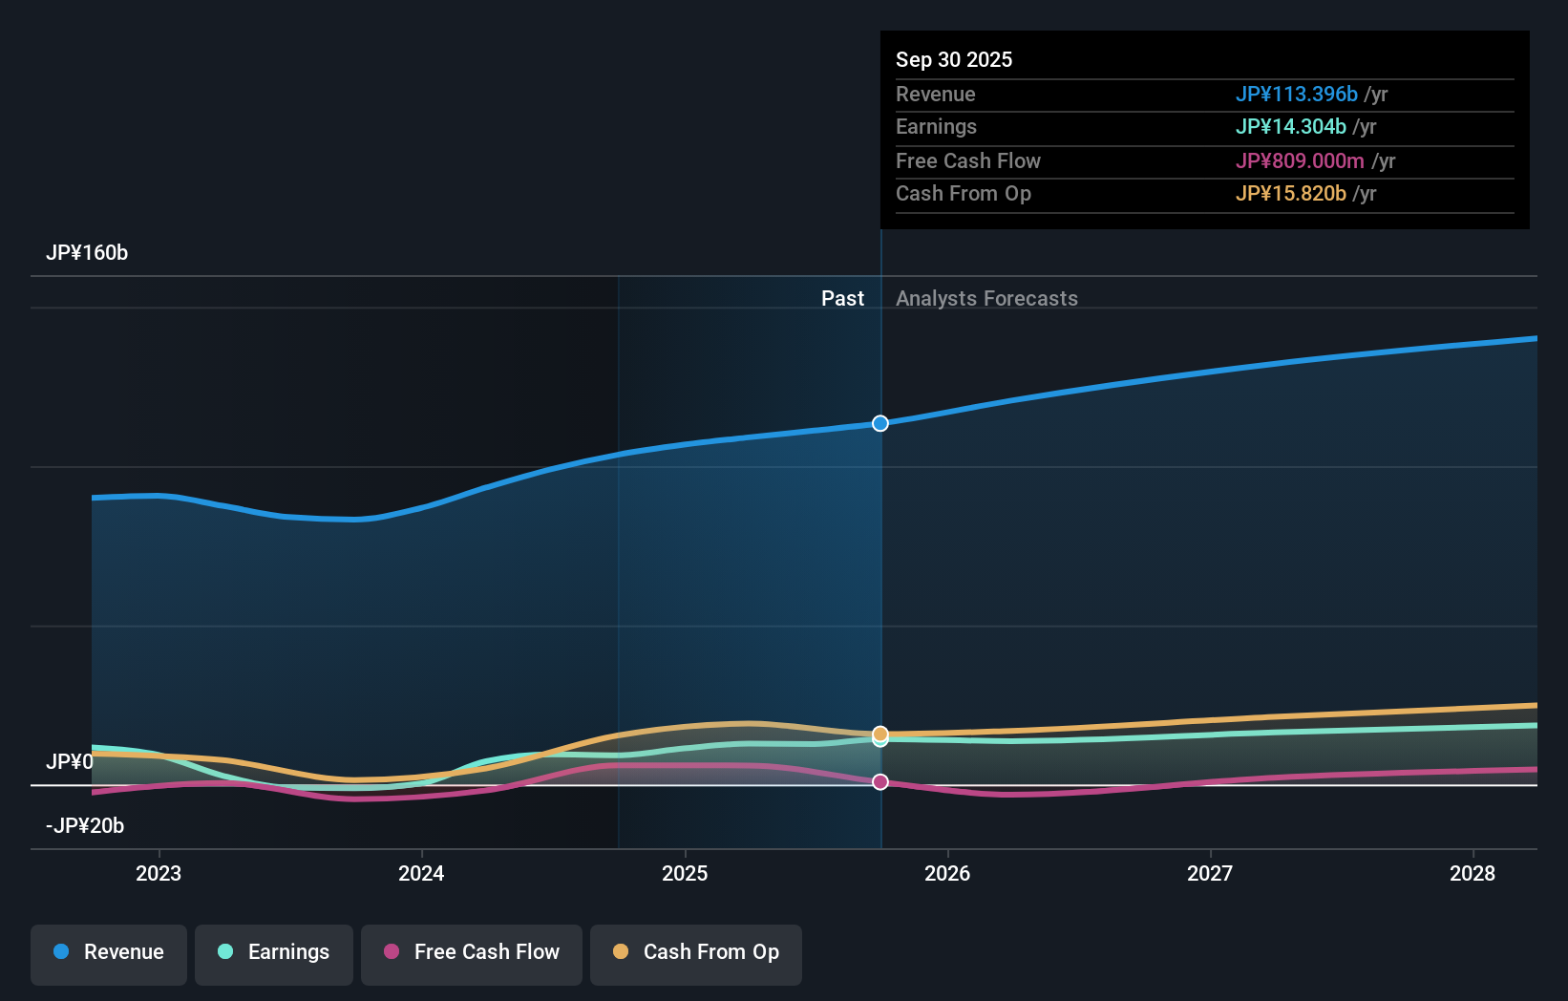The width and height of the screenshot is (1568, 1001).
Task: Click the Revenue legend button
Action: [109, 952]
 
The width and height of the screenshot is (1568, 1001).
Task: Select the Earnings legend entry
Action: [274, 952]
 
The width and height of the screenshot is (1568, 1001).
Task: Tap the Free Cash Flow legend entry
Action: [472, 952]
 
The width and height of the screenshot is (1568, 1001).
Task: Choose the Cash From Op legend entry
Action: [696, 952]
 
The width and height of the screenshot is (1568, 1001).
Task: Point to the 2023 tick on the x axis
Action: [159, 873]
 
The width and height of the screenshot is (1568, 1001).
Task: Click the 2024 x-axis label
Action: [421, 873]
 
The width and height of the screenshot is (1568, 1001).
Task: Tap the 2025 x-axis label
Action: [685, 873]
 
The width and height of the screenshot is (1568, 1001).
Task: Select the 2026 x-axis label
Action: [947, 873]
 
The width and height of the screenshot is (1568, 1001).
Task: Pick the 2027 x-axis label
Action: [1210, 873]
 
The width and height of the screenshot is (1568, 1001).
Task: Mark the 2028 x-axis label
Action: [1473, 873]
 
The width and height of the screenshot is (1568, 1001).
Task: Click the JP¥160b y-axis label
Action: [87, 253]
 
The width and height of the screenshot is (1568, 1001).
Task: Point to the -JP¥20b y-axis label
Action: [85, 826]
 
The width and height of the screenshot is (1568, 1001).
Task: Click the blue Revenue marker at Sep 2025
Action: [880, 423]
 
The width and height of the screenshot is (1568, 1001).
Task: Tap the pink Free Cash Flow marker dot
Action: [880, 782]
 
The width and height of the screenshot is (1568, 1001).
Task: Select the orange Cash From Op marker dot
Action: [880, 734]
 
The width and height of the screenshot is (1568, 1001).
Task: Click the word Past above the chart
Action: [842, 299]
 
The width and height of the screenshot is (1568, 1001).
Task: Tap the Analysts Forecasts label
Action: [986, 299]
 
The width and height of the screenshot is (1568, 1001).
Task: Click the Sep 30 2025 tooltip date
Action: [954, 60]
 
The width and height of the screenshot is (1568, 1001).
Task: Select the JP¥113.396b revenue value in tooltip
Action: [1296, 95]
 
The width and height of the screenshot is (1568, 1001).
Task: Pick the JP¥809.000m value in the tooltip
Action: [1300, 161]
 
